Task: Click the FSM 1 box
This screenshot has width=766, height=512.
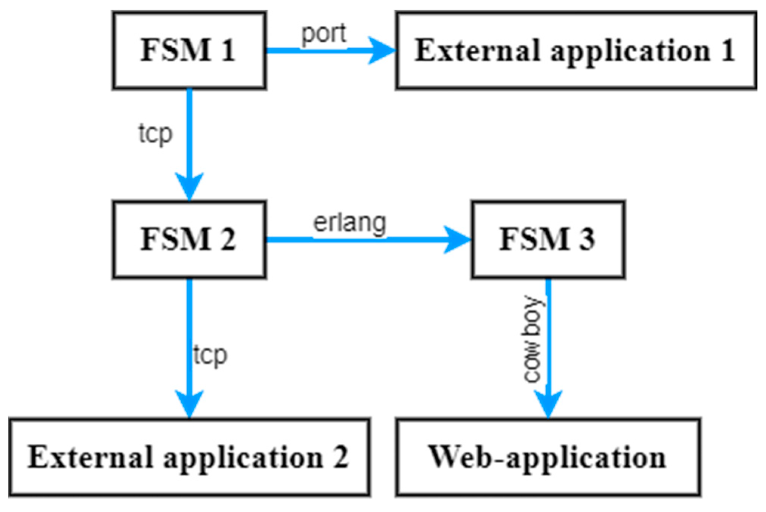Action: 189,50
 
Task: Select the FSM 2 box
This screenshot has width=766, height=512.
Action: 189,239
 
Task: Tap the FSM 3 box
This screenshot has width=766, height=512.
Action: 548,239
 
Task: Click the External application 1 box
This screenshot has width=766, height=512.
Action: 576,50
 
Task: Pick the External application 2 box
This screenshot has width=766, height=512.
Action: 189,457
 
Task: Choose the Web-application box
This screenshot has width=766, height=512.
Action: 548,457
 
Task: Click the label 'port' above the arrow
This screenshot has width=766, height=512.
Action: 323,34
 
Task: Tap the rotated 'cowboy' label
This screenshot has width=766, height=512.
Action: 533,339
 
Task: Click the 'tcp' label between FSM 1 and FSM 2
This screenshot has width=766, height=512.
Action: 155,134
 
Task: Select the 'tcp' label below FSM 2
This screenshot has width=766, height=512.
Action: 210,355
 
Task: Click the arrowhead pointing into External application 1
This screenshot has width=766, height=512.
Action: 382,50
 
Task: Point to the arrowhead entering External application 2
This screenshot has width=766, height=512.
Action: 189,404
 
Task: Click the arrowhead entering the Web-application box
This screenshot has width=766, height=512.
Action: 548,404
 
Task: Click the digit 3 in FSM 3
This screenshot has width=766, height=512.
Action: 586,239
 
